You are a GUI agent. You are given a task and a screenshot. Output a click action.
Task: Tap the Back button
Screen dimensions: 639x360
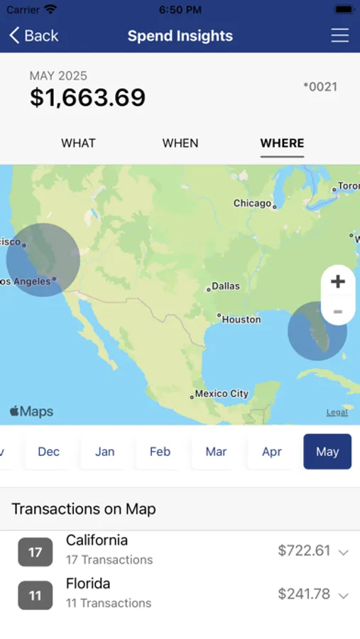[x=33, y=35]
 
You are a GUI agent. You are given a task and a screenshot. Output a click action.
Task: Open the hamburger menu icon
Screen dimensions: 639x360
[x=340, y=35]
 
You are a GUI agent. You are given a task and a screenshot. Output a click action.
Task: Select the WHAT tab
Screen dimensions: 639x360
[x=78, y=143]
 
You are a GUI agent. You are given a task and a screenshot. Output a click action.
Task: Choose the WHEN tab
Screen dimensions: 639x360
[x=180, y=143]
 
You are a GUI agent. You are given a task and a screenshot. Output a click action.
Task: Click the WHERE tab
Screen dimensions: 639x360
[x=282, y=143]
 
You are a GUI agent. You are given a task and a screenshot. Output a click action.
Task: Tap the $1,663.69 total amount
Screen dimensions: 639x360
[x=87, y=97]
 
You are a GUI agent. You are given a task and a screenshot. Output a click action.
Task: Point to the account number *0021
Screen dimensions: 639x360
[x=320, y=87]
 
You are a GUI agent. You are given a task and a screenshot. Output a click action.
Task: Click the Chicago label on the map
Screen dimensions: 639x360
[x=253, y=203]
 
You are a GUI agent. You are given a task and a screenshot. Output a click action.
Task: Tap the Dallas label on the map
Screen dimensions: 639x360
[x=225, y=286]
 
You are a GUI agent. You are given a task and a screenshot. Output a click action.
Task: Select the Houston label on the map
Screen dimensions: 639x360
[x=241, y=319]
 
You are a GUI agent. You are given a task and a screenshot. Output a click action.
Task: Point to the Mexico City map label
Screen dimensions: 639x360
[x=222, y=393]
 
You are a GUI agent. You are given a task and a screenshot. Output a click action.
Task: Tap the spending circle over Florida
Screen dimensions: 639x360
[x=317, y=331]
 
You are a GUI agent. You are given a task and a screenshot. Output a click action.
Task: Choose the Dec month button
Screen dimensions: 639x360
[x=48, y=452]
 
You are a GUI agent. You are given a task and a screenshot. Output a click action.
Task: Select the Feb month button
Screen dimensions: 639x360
[x=160, y=452]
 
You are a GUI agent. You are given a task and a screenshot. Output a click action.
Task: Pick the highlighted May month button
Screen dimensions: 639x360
[x=327, y=452]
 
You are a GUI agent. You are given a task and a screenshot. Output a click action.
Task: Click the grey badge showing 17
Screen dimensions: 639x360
[x=35, y=552]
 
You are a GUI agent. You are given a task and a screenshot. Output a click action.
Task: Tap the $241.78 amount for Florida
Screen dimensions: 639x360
[x=303, y=594]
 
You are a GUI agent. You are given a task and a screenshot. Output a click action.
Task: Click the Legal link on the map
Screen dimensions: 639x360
[x=337, y=413]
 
